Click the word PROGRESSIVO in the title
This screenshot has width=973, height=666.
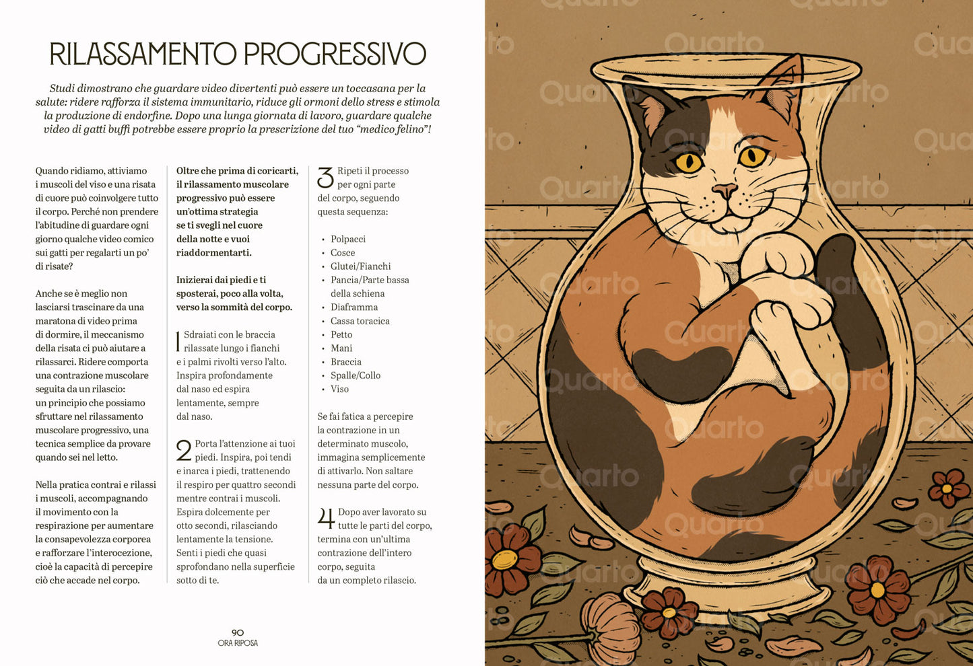pos(334,54)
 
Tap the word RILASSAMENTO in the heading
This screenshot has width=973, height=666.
pos(143,54)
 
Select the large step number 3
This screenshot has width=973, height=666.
pos(325,178)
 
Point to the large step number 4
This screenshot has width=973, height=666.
pos(326,519)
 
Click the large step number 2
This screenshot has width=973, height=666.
pos(184,450)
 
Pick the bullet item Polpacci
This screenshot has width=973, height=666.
pos(347,239)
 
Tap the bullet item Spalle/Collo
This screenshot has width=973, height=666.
pos(355,375)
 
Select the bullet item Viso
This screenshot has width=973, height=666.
pos(339,389)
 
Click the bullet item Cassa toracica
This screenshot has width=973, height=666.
pos(360,321)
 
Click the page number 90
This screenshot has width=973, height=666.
pos(238,632)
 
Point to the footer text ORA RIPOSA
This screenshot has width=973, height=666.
pos(238,643)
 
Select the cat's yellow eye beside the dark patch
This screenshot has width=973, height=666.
pos(689,161)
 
